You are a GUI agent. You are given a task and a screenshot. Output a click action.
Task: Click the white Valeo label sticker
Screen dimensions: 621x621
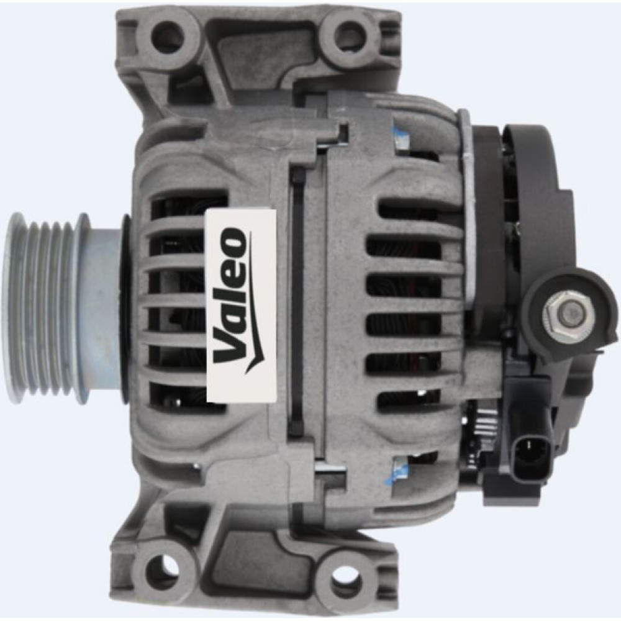click(241, 306)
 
